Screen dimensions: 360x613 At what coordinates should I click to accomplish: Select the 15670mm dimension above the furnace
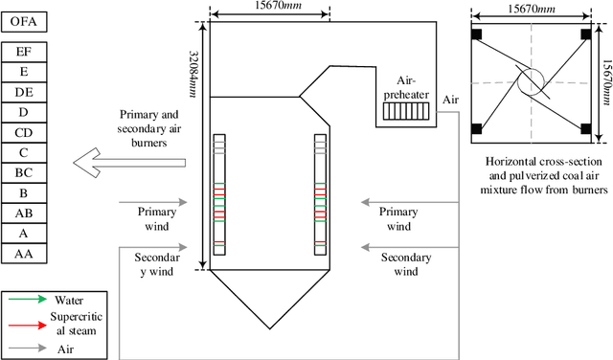pyautogui.click(x=269, y=6)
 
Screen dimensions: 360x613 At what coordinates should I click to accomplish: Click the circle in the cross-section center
pyautogui.click(x=531, y=81)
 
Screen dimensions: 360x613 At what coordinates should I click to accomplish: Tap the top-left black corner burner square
pyautogui.click(x=477, y=34)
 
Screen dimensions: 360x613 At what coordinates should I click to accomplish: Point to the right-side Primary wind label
pyautogui.click(x=399, y=218)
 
